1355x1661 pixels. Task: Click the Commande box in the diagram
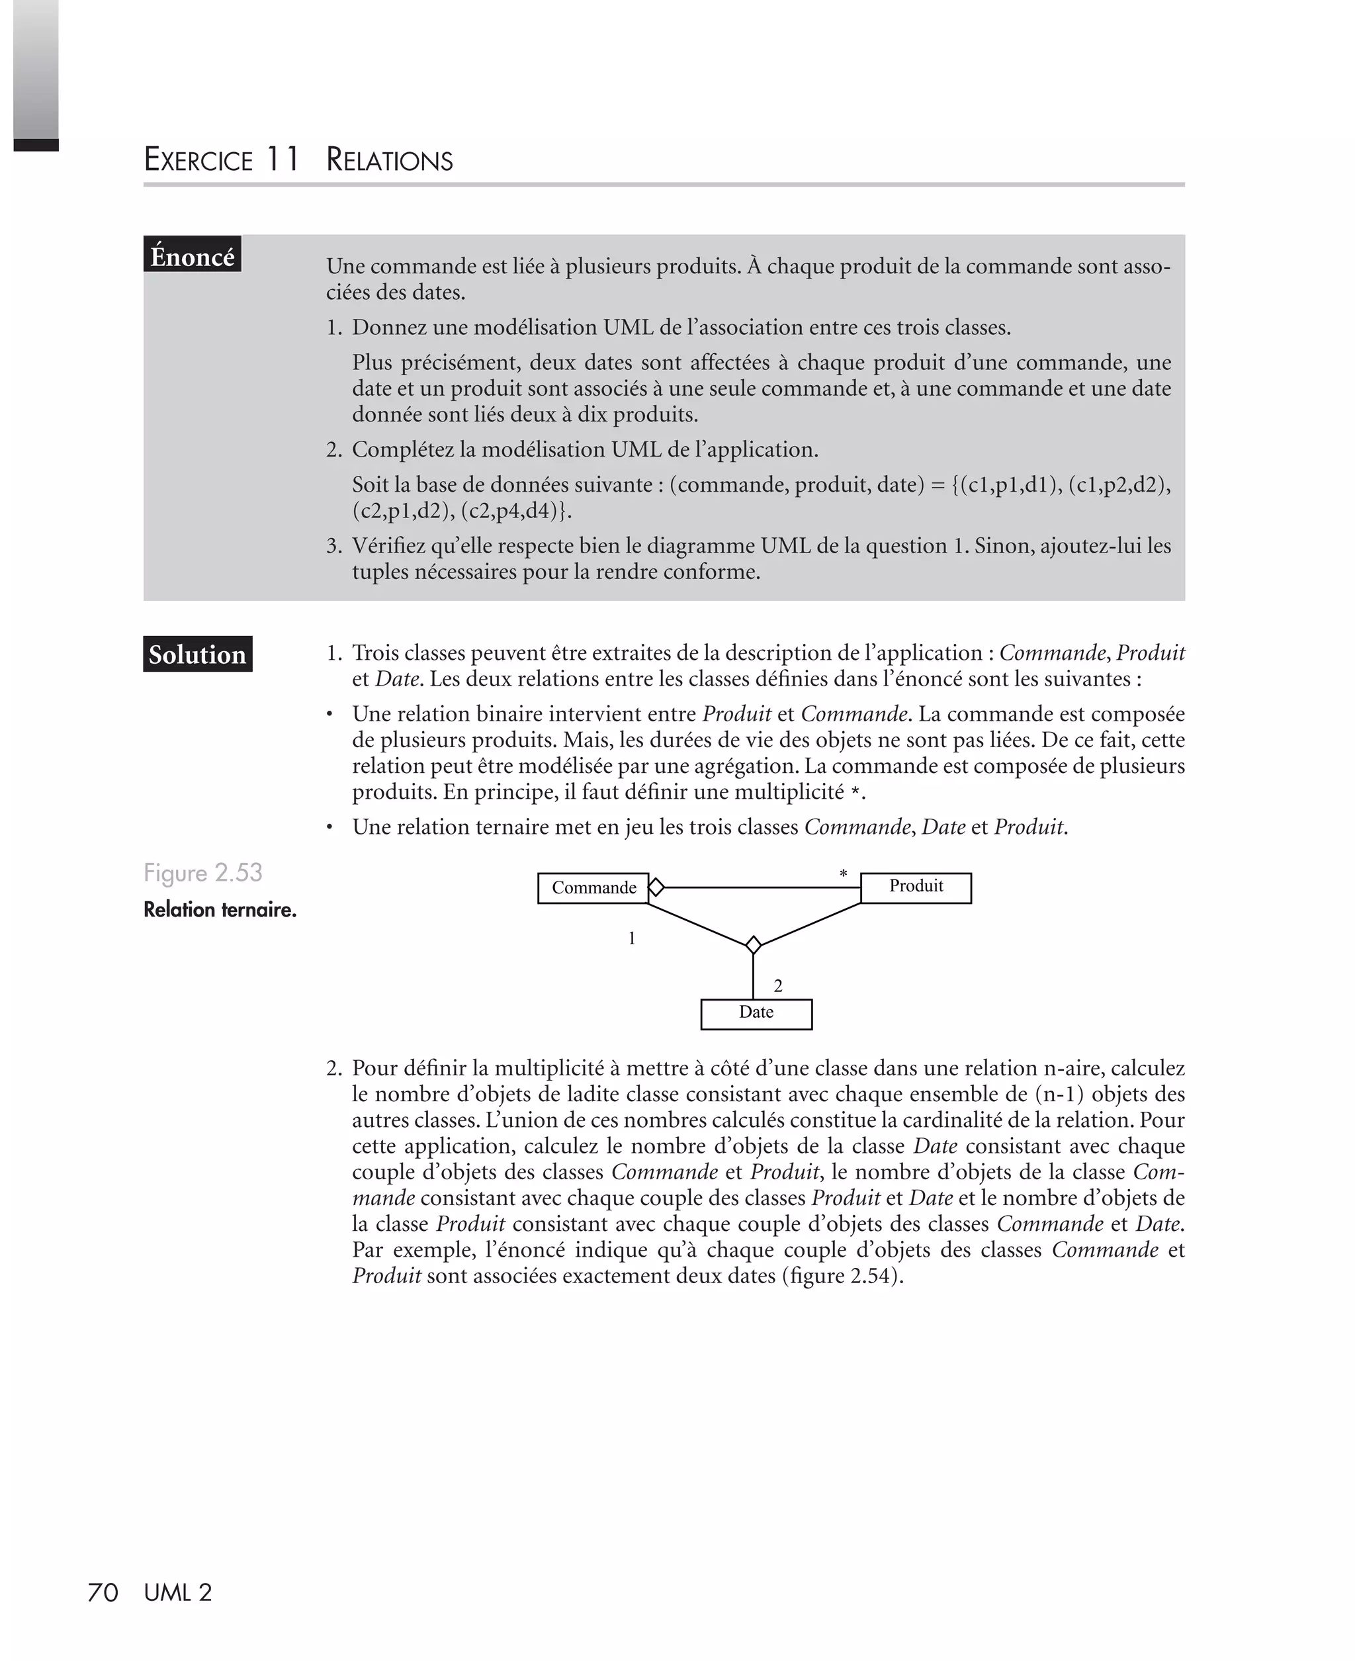click(593, 888)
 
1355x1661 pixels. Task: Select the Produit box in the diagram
click(916, 887)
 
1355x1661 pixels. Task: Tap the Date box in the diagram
click(756, 1014)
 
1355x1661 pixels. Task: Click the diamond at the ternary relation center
click(753, 945)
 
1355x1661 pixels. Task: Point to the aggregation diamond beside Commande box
click(656, 887)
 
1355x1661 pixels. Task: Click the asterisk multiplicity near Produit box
click(843, 875)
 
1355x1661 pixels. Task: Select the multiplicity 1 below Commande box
click(631, 938)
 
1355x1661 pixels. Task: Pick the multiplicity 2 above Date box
click(777, 987)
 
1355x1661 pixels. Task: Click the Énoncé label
click(192, 255)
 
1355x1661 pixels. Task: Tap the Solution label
click(197, 654)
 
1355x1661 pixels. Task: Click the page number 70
click(103, 1592)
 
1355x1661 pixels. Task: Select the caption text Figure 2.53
click(203, 873)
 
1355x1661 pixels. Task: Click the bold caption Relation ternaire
click(220, 910)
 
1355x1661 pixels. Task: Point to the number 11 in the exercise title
click(282, 159)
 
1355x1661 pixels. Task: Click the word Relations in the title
click(390, 160)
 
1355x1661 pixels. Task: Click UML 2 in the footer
click(178, 1592)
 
